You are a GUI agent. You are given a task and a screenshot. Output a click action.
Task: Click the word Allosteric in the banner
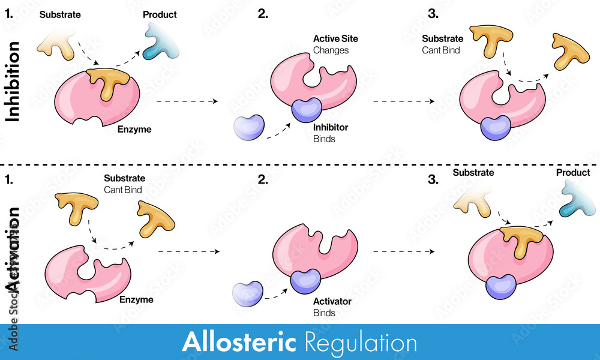tap(239, 343)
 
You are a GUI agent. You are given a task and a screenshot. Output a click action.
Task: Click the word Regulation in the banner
tap(361, 343)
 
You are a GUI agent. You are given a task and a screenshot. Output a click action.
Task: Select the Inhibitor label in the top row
tap(331, 127)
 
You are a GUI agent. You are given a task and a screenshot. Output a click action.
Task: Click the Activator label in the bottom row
tap(332, 301)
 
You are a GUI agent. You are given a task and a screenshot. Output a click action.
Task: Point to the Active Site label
tap(335, 39)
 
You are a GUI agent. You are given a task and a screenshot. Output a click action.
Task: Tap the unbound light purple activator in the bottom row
tap(248, 292)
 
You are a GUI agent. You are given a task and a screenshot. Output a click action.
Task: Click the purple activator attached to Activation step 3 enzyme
tap(501, 286)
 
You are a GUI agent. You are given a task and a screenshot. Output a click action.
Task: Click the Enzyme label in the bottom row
tap(136, 299)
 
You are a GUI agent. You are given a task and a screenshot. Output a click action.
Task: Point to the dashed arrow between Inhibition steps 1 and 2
tap(187, 102)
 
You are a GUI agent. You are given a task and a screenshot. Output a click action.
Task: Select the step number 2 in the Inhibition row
tap(262, 14)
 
